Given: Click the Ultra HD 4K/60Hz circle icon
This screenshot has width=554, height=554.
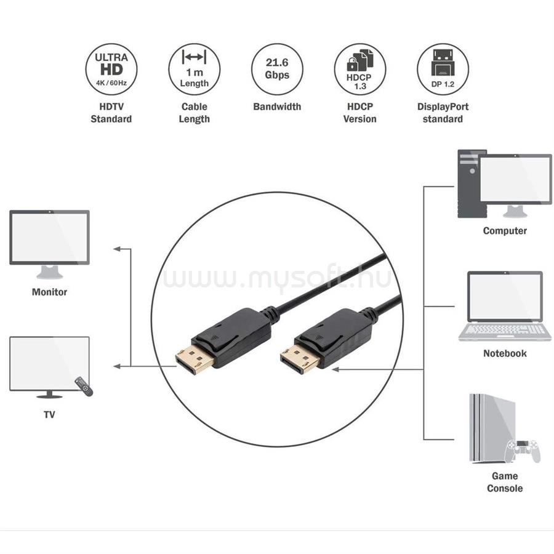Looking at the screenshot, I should [111, 69].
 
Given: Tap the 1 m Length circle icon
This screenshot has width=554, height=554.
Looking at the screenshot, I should [194, 69].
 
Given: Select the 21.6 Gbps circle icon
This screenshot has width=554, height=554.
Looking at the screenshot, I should [277, 69].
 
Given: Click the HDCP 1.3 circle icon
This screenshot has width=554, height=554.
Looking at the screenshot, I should [360, 69].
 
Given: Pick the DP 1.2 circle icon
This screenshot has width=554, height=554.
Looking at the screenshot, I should [443, 69].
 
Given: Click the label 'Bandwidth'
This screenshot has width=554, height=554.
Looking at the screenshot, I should [277, 106].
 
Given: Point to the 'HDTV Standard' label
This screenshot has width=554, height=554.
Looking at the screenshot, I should [111, 113].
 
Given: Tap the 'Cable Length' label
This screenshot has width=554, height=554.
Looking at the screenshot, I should [194, 113].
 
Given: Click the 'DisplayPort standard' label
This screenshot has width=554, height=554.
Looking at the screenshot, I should [443, 113].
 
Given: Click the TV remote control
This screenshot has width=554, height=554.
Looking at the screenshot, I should [84, 386].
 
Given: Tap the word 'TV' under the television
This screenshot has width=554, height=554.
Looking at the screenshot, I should [49, 414].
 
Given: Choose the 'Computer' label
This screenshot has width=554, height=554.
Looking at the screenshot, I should [505, 231].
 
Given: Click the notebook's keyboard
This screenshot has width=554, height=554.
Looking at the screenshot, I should [505, 330].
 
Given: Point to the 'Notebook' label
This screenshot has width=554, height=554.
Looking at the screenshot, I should [505, 353].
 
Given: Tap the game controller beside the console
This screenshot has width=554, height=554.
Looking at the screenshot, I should [523, 451].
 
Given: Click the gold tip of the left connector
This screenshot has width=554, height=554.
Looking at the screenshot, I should [193, 360].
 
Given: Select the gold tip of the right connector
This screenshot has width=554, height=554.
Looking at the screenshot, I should [298, 359].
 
